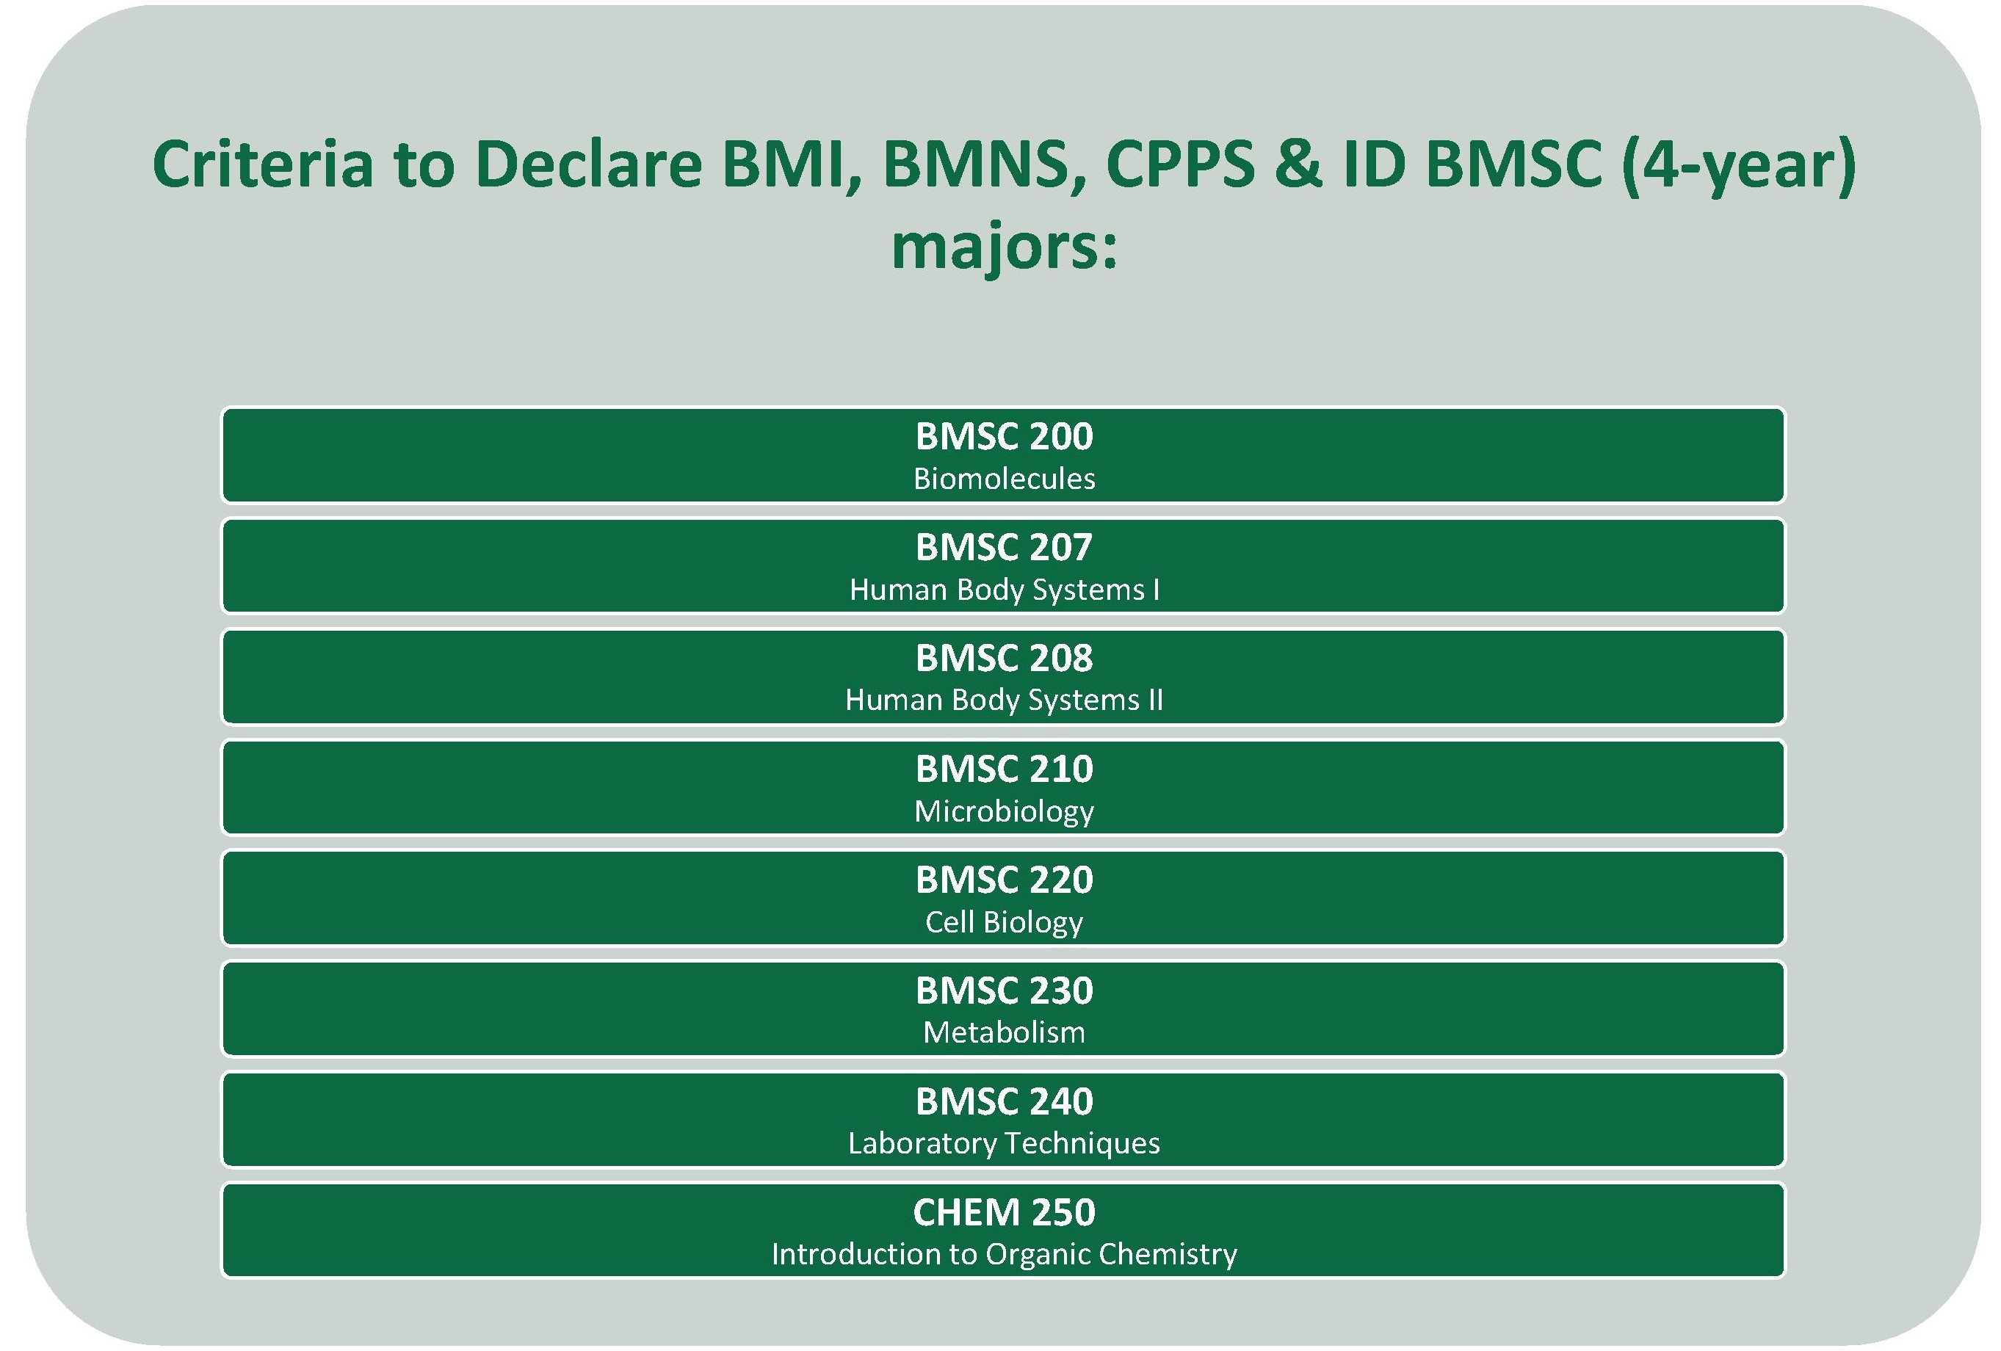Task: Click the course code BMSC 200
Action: [1004, 437]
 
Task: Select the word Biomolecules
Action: [1004, 479]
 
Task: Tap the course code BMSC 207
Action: [1004, 548]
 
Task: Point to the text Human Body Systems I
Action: [1004, 590]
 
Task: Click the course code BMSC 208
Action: [1004, 659]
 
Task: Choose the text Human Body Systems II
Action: [1004, 700]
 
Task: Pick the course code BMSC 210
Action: [1004, 769]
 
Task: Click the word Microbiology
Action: [1004, 812]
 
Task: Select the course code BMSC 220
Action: [1004, 880]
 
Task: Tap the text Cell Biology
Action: [1004, 923]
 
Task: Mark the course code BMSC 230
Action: [1004, 991]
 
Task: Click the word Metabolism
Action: [1004, 1032]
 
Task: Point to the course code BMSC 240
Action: [1004, 1102]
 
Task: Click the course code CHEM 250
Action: [1004, 1213]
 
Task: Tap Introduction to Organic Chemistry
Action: [1004, 1256]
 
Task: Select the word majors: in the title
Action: [1004, 250]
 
